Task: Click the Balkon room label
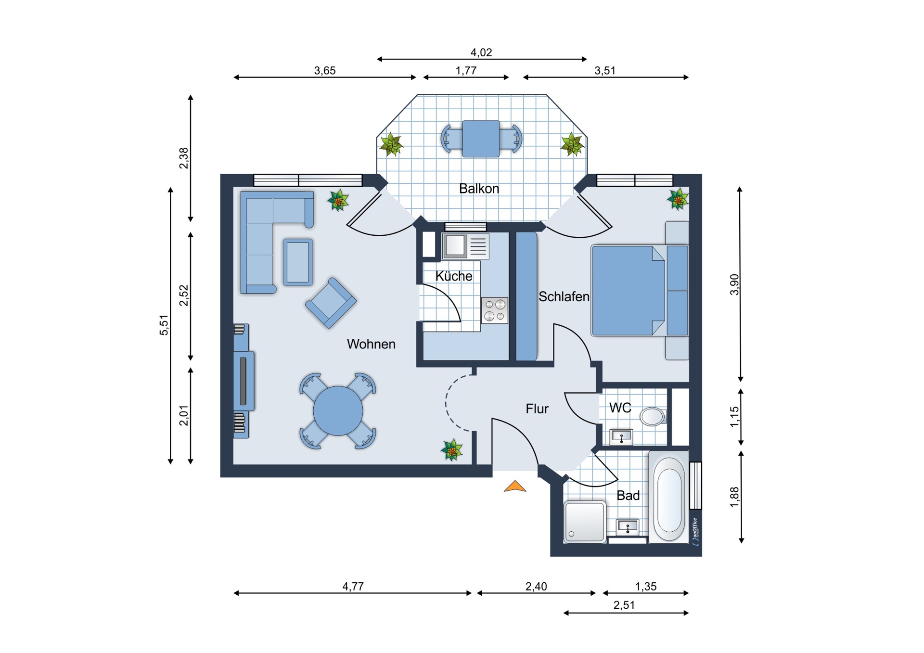click(x=478, y=189)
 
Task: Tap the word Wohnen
click(x=371, y=344)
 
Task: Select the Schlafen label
click(x=564, y=296)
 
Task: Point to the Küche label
click(x=454, y=276)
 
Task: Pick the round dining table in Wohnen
click(x=338, y=410)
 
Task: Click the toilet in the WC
click(x=653, y=416)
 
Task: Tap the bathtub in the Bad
click(x=668, y=498)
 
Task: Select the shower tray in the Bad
click(x=585, y=522)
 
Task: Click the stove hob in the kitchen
click(x=495, y=310)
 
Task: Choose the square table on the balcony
click(x=481, y=139)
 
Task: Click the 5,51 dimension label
click(x=164, y=325)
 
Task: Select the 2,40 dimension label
click(x=536, y=586)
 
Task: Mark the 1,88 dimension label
click(x=734, y=497)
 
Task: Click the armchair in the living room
click(x=331, y=303)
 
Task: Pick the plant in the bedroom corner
click(x=678, y=199)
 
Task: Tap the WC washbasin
click(x=621, y=437)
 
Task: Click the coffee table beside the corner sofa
click(x=298, y=262)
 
